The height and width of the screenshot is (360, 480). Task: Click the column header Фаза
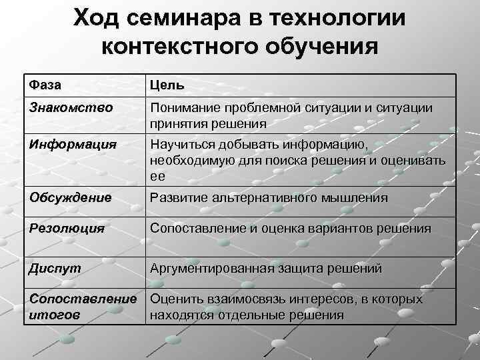pyautogui.click(x=44, y=85)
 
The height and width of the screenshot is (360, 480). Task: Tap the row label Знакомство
pyautogui.click(x=71, y=107)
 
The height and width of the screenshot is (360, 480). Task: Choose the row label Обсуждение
pyautogui.click(x=70, y=198)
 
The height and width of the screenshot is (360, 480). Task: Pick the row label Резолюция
pyautogui.click(x=67, y=229)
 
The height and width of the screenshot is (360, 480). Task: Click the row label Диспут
pyautogui.click(x=55, y=269)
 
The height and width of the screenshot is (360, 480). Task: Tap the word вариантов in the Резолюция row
pyautogui.click(x=337, y=229)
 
